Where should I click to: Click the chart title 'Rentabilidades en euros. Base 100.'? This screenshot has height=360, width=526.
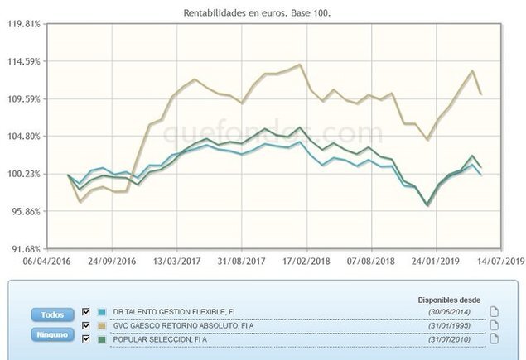click(x=263, y=13)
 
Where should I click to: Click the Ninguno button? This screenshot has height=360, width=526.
click(x=51, y=335)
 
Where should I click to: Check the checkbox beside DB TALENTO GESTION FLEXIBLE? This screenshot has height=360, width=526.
click(x=87, y=312)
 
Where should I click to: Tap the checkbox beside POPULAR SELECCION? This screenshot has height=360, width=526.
click(x=87, y=338)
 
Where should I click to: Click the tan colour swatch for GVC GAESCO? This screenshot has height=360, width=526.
click(x=101, y=325)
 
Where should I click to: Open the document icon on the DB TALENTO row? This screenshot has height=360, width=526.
click(x=494, y=312)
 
